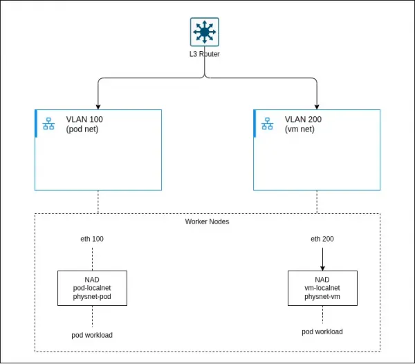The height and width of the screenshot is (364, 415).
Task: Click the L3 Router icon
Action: tap(204, 32)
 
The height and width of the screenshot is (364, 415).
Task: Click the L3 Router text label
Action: tap(205, 53)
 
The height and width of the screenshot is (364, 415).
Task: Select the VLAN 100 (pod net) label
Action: tap(84, 124)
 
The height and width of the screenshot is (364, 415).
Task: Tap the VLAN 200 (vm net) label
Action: tap(303, 124)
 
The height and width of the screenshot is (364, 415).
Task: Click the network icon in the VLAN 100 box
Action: tap(48, 124)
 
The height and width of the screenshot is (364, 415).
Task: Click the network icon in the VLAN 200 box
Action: tap(267, 124)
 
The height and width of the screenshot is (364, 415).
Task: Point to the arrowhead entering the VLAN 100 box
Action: tap(98, 106)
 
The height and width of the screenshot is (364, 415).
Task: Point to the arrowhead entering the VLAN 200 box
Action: tap(317, 106)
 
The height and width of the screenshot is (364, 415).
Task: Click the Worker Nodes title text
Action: tap(207, 222)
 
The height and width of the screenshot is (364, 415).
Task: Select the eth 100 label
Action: tap(92, 239)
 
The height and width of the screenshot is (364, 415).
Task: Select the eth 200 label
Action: tap(322, 239)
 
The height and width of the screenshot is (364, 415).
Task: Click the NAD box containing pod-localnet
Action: tap(92, 289)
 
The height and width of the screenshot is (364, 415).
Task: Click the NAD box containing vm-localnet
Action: tap(322, 289)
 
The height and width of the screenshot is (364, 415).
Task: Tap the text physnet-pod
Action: tap(92, 298)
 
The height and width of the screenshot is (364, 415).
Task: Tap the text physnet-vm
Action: tap(322, 298)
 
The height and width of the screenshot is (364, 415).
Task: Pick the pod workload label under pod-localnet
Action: tap(92, 335)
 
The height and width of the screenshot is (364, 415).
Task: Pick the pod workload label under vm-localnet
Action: tap(322, 331)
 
